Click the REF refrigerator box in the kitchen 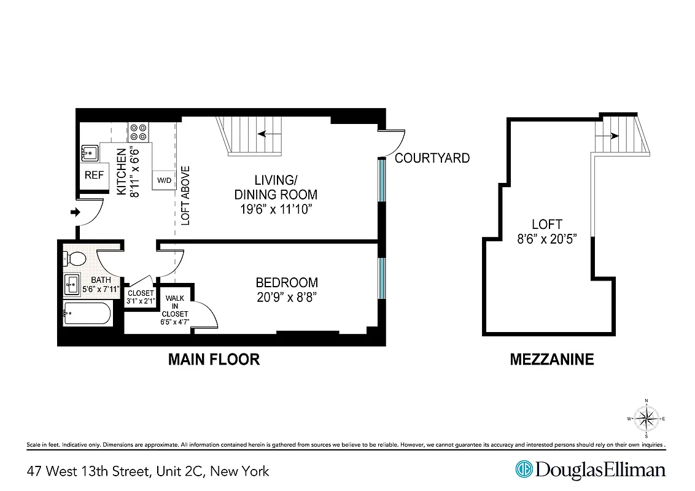coord(94,176)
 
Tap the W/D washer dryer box coord(164,180)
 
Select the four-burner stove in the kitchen coord(138,132)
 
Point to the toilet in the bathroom coord(76,258)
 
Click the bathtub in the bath coord(88,314)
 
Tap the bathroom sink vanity coord(72,284)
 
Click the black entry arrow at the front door coord(75,212)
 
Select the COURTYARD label coord(432,158)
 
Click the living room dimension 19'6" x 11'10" coord(276,210)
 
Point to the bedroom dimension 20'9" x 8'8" coord(287,298)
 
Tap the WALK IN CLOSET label coord(176,306)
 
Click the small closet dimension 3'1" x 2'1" coord(141,301)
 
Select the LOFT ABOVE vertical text coord(186,196)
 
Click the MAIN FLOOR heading coord(214,360)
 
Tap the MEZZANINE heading coord(552,360)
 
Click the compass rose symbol coord(646,419)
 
